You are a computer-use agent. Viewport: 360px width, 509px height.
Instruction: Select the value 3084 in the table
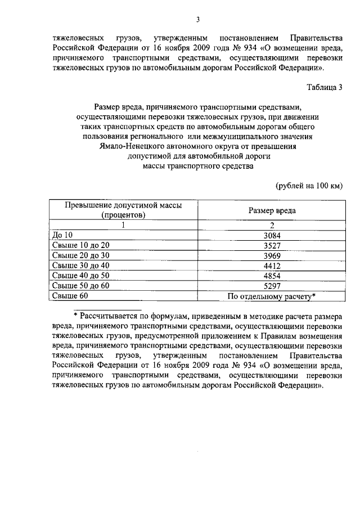click(272, 235)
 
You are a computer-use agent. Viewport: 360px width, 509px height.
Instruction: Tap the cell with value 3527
click(272, 245)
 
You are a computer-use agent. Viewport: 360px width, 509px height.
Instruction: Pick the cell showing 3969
click(272, 255)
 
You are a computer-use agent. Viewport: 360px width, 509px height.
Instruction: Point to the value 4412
click(272, 265)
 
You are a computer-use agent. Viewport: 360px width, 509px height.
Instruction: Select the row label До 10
click(62, 235)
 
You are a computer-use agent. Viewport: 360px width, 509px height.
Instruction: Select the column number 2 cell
click(272, 224)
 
